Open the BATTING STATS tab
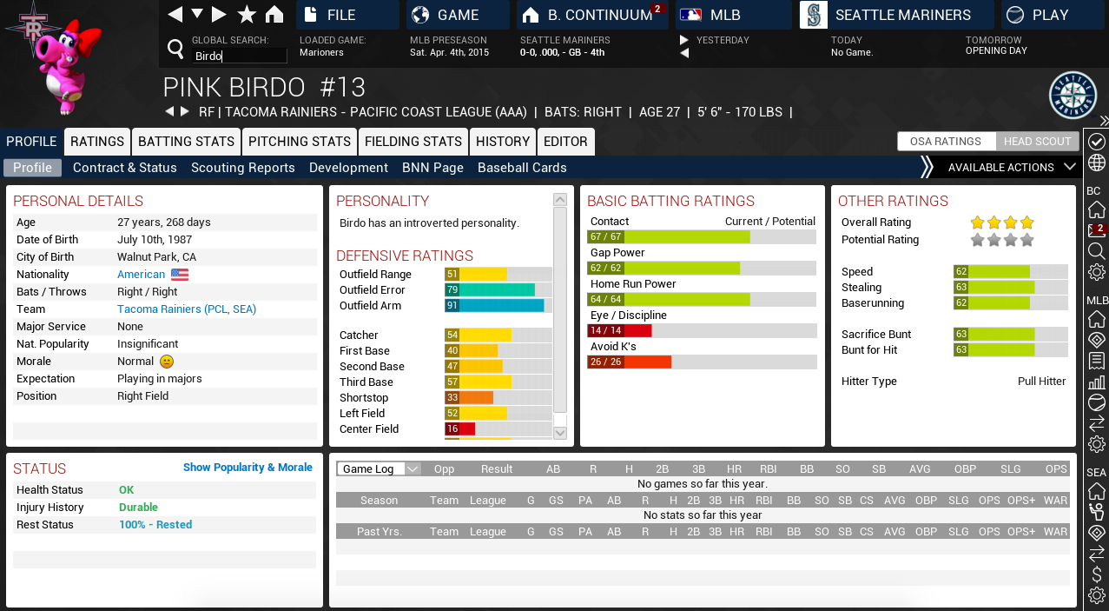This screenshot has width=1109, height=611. click(186, 142)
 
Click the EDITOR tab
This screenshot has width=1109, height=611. click(565, 142)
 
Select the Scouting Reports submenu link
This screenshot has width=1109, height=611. click(243, 168)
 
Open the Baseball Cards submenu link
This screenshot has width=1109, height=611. click(522, 168)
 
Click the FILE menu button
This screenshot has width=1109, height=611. click(347, 15)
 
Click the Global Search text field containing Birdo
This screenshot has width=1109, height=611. click(240, 56)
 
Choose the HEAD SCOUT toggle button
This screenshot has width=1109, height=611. click(1037, 142)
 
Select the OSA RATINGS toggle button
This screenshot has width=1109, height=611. click(946, 142)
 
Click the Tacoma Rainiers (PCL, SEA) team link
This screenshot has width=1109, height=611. click(187, 309)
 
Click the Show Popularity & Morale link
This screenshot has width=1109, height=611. click(248, 468)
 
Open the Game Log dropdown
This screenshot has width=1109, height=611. click(379, 469)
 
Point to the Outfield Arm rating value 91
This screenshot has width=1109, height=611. click(452, 306)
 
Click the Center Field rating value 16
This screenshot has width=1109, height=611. click(452, 429)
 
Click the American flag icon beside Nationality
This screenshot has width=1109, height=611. click(180, 275)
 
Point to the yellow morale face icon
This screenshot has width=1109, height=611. click(167, 362)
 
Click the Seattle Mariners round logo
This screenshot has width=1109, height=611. click(1073, 96)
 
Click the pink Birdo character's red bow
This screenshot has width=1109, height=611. click(89, 38)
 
